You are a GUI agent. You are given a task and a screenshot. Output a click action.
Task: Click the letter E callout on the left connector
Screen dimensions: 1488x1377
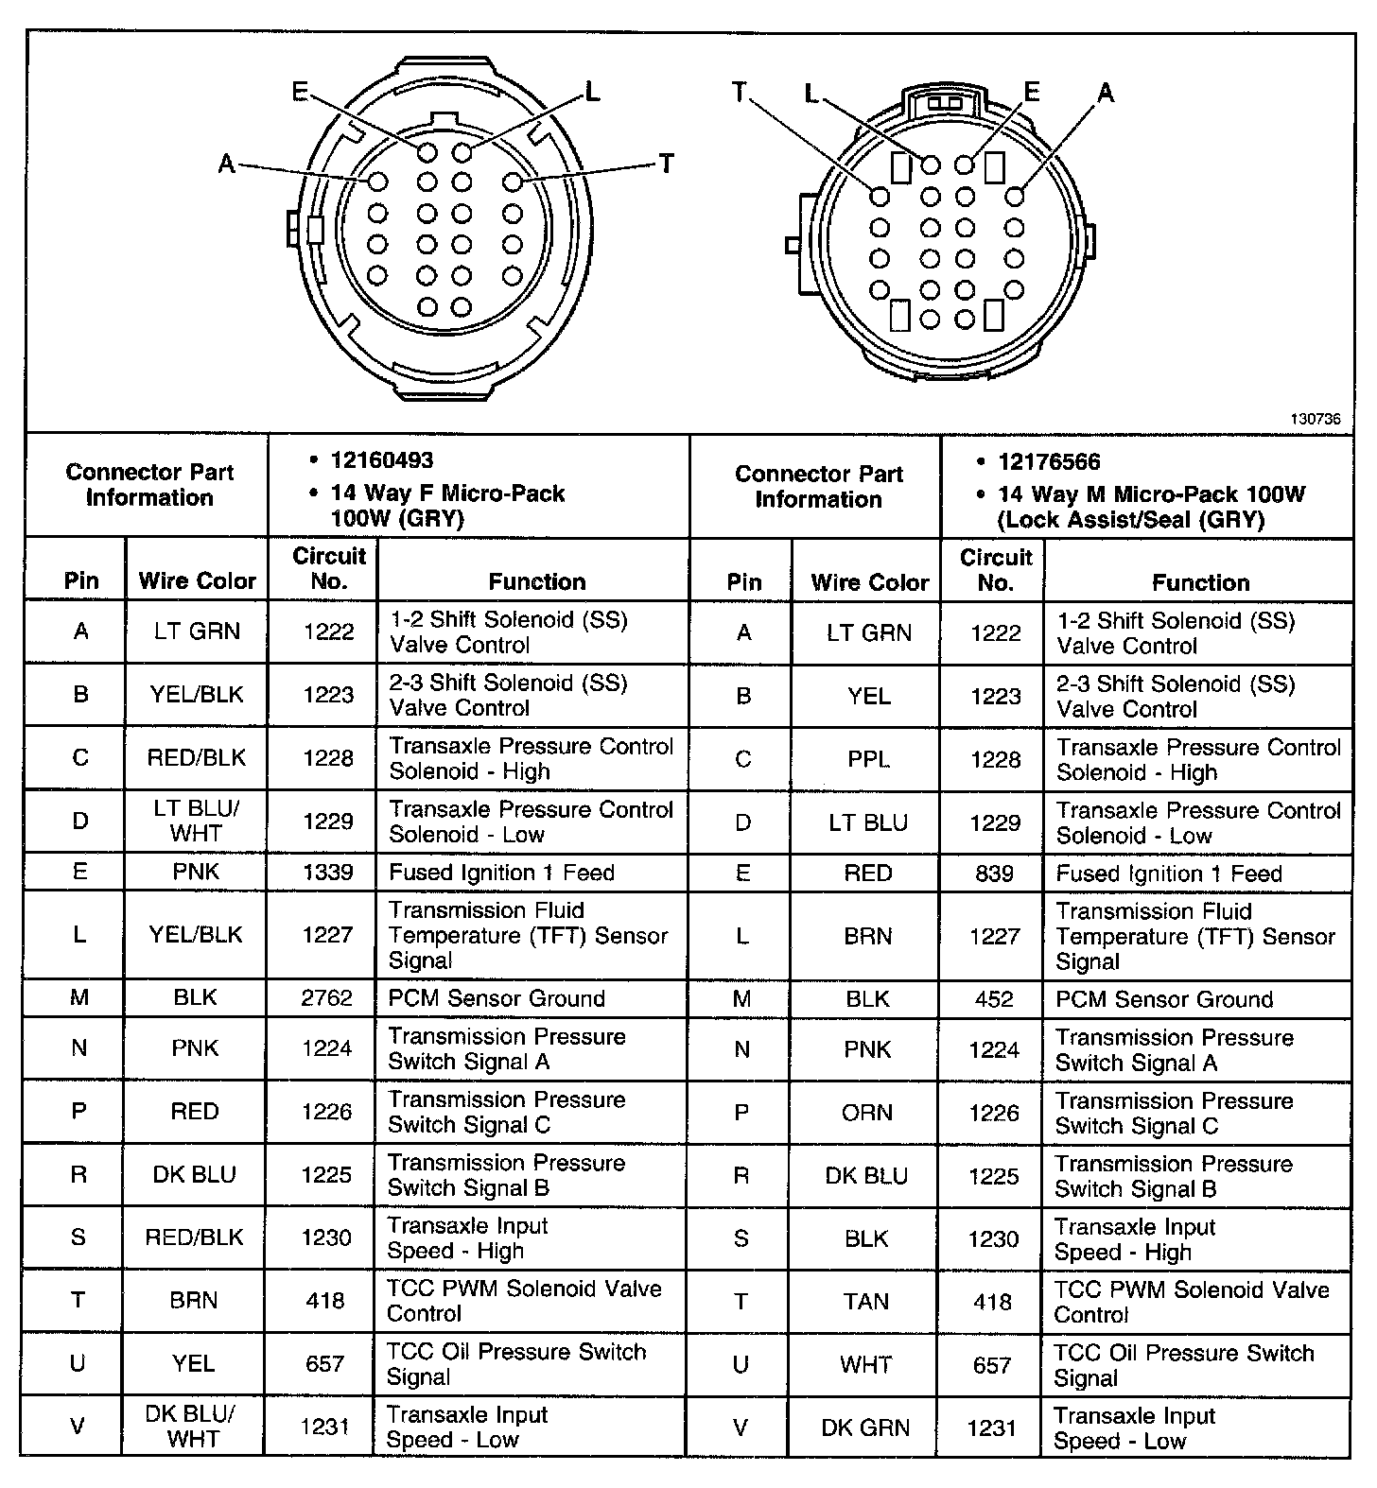300,91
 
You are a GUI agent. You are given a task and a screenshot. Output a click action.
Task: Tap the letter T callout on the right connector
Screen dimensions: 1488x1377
740,92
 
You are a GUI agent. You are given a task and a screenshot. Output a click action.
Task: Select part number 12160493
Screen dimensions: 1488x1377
381,460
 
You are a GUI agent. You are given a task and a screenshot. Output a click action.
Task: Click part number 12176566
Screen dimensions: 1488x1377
1049,461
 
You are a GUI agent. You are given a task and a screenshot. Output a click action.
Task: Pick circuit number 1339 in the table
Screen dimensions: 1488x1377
328,872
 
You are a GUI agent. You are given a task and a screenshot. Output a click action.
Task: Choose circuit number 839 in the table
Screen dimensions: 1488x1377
995,874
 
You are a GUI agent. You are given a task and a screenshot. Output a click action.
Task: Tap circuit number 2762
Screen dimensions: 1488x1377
327,998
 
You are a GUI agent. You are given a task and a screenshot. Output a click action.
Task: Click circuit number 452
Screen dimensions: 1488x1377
994,999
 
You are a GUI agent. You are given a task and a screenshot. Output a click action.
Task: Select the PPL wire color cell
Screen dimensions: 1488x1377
868,759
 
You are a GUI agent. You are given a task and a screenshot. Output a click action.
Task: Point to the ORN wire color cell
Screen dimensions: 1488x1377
867,1113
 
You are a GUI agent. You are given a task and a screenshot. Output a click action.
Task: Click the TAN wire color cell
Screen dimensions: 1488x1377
866,1302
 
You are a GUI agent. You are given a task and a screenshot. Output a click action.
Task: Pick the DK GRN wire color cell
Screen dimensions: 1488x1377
866,1427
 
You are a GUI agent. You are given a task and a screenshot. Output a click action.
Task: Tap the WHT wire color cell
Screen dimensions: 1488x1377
866,1365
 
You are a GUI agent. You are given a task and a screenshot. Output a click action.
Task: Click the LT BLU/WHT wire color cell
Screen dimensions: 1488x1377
197,821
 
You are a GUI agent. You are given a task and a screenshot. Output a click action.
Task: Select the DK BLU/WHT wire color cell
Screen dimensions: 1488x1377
193,1426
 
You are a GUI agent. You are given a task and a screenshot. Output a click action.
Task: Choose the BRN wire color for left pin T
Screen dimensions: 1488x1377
194,1300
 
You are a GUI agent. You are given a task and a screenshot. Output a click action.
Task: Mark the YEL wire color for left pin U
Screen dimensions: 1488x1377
194,1363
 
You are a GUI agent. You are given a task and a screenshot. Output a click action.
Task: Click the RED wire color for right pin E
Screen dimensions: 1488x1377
868,874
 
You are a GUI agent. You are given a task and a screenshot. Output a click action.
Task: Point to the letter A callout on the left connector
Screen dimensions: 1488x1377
227,164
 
